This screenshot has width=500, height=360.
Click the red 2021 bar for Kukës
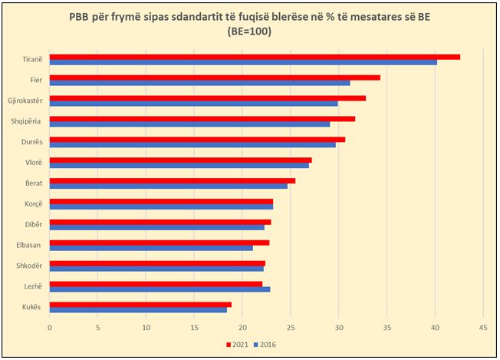click(140, 305)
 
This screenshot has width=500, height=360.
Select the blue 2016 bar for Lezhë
click(160, 289)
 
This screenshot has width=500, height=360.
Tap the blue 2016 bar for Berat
click(169, 187)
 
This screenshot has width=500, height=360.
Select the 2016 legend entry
click(265, 344)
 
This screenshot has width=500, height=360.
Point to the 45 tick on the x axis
click(483, 328)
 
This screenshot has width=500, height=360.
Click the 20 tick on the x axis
click(242, 328)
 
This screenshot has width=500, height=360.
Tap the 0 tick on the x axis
click(50, 328)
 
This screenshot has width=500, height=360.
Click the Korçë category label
click(34, 204)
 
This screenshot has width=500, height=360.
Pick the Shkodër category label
click(31, 266)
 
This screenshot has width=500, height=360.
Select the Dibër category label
click(35, 225)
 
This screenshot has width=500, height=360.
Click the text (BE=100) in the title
click(250, 31)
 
